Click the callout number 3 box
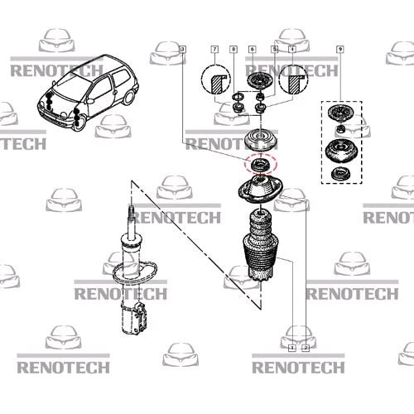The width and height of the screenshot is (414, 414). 182,50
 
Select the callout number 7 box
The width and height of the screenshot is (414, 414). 214,50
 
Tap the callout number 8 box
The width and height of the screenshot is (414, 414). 233,50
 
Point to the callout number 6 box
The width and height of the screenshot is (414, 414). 253,50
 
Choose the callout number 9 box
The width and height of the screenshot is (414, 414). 340,50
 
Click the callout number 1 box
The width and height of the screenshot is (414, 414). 292,348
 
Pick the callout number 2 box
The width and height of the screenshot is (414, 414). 306,348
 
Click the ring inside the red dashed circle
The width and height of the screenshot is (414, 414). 260,165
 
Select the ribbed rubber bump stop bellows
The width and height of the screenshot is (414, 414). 261,245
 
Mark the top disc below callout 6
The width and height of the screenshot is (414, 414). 260,80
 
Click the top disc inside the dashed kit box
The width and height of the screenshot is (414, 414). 340,113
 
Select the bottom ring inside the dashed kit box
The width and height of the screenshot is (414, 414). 340,174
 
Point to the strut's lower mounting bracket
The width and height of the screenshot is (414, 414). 141,317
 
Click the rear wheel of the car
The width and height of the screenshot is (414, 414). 128,97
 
